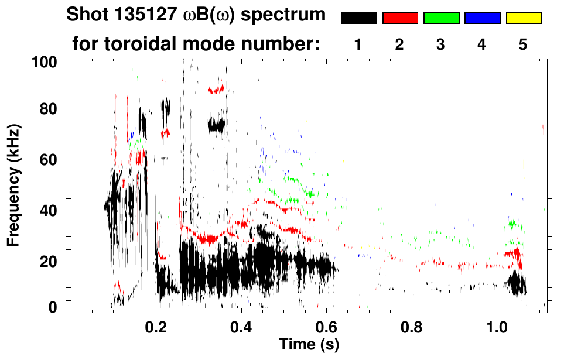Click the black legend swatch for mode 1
[x=358, y=18]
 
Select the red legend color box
[x=400, y=18]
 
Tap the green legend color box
[x=441, y=18]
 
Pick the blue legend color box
[x=482, y=18]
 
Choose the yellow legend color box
[x=523, y=18]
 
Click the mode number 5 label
[x=523, y=44]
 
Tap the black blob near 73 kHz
[x=216, y=125]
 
